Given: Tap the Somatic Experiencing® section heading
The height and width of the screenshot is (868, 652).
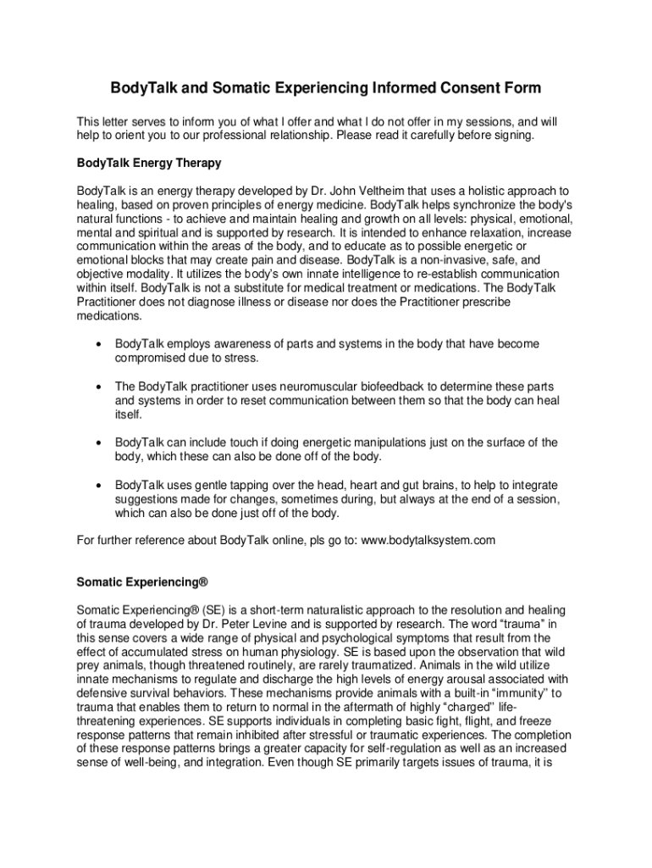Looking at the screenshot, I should [x=142, y=583].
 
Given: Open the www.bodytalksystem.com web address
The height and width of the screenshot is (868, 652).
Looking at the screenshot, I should [x=428, y=540].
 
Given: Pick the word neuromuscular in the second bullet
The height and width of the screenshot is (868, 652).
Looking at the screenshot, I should [x=301, y=387].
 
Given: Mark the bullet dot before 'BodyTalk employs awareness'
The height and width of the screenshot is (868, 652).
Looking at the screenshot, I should [x=100, y=344].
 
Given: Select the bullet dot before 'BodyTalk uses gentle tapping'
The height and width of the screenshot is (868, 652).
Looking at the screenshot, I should [x=100, y=486].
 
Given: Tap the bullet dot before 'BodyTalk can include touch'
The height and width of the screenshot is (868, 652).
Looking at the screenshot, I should [x=100, y=442].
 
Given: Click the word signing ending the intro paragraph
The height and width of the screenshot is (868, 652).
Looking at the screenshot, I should [x=511, y=136].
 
